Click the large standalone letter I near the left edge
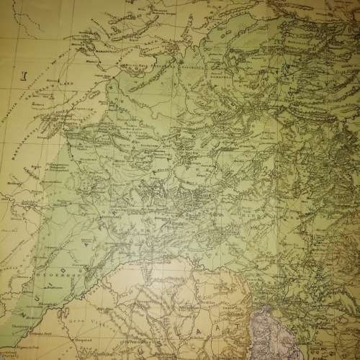(22, 73)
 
